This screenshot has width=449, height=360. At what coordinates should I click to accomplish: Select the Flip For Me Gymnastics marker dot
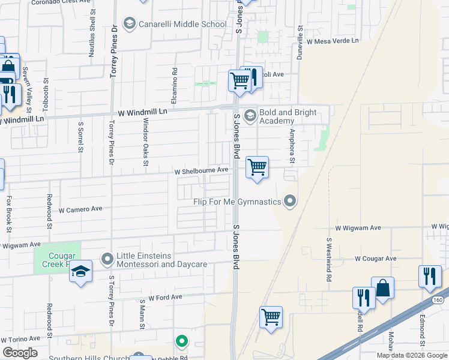[291, 201]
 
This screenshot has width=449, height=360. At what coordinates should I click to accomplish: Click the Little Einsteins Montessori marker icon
[107, 259]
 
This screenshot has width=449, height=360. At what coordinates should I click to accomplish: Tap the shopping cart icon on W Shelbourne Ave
[257, 167]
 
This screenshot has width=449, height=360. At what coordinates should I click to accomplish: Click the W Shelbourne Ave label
[201, 170]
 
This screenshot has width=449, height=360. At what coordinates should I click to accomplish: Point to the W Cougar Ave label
[375, 259]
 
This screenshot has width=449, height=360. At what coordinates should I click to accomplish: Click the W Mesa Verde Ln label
[332, 41]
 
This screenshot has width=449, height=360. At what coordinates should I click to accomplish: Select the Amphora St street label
[292, 146]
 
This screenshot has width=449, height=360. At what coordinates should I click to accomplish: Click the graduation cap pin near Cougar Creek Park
[80, 272]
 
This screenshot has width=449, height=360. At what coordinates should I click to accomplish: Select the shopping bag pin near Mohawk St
[382, 288]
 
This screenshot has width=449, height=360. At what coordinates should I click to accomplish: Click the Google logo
[20, 353]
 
